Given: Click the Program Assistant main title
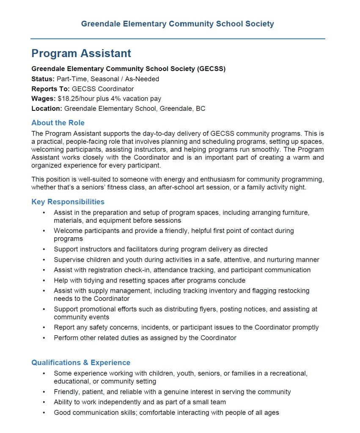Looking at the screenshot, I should [81, 53].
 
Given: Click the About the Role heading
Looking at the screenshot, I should [58, 123].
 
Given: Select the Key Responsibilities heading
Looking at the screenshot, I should [68, 202].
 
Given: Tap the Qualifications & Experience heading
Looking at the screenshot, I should [81, 362].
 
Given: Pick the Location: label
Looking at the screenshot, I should [47, 109].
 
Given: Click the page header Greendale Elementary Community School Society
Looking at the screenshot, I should [178, 24].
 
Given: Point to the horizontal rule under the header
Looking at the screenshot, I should [178, 39].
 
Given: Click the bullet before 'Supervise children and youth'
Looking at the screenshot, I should [44, 260].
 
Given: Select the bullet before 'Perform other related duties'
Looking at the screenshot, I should [44, 338].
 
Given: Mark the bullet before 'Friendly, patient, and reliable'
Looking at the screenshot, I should [44, 392].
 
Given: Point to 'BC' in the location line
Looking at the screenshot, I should [201, 109].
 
